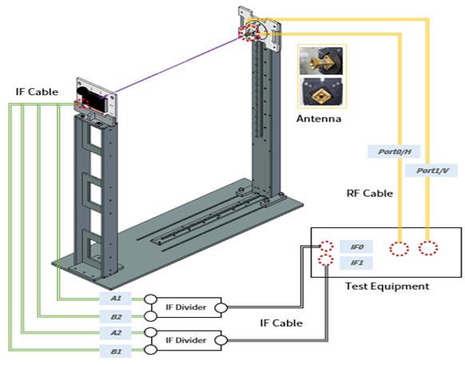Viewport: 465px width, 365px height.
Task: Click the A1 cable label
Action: click(115, 299)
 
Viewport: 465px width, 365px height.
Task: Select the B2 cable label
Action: click(115, 317)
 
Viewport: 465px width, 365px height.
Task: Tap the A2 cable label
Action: click(115, 333)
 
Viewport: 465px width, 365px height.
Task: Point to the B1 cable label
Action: click(115, 351)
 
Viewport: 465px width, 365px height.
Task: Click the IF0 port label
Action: click(356, 247)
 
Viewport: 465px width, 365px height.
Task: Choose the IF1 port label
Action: click(356, 263)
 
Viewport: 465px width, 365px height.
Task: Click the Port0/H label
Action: click(394, 152)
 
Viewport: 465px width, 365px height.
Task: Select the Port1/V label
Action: click(431, 170)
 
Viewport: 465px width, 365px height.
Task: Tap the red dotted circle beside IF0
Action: click(326, 247)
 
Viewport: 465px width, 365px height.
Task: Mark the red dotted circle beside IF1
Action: click(325, 260)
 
